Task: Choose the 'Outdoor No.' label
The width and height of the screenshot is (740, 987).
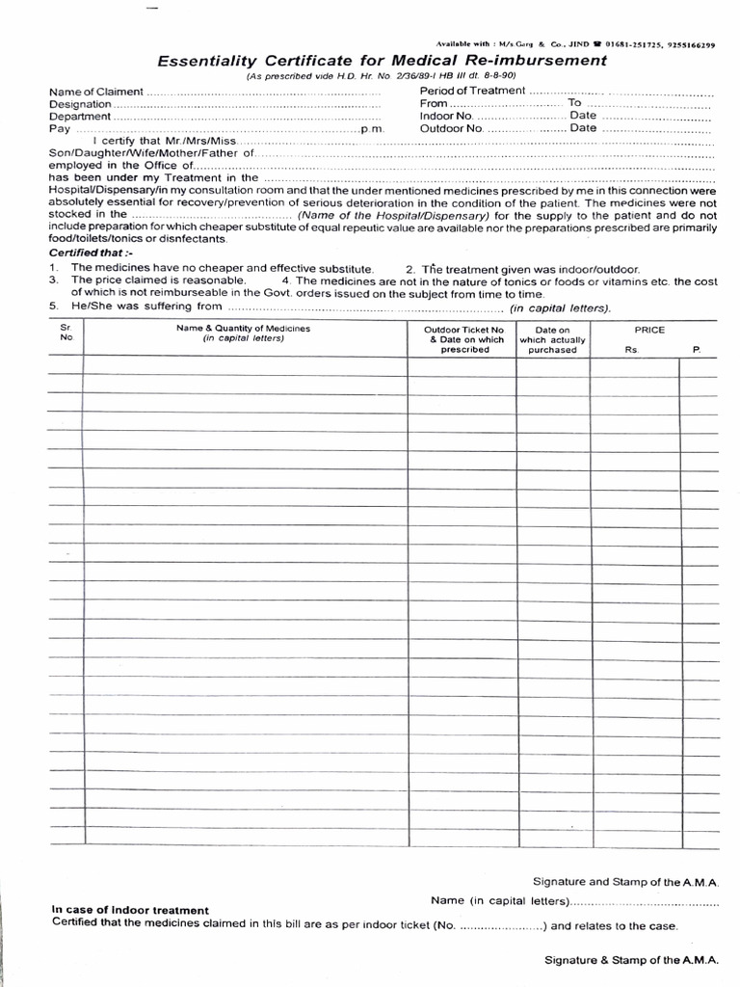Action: point(451,128)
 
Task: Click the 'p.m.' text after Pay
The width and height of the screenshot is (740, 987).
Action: point(372,129)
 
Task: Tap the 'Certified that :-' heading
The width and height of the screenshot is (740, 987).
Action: point(87,253)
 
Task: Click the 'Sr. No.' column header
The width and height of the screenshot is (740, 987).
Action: point(66,333)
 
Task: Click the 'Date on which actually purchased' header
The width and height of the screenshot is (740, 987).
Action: point(552,339)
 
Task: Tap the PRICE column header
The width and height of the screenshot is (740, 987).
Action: point(649,330)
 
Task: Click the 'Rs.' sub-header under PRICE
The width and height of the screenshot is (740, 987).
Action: point(632,350)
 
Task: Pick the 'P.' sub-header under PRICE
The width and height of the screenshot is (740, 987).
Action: point(697,350)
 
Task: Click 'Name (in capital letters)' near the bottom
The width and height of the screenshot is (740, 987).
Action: point(500,901)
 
